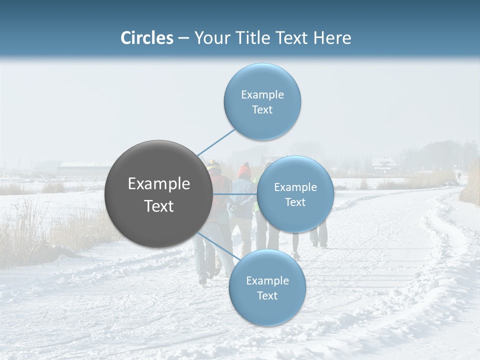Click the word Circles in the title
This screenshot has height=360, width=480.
[146, 38]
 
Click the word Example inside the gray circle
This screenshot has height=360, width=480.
[159, 184]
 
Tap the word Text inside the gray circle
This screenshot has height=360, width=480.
[159, 206]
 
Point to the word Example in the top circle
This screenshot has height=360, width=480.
[262, 94]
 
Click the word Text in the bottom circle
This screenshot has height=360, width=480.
[267, 295]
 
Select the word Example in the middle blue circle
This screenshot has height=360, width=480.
[295, 187]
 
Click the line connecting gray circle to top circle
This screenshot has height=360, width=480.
[216, 142]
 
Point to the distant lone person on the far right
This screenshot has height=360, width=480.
[458, 176]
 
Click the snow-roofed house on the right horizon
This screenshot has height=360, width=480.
[383, 164]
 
